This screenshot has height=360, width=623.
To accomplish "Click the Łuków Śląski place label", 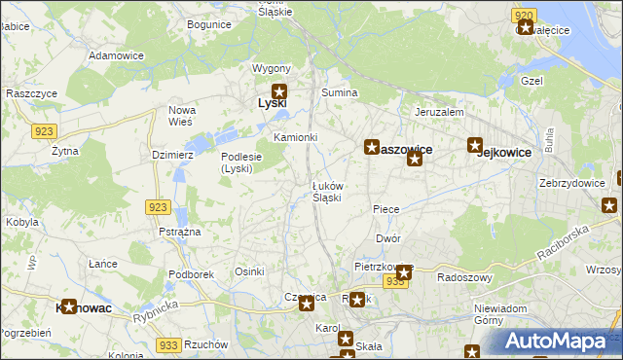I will click(x=326, y=191).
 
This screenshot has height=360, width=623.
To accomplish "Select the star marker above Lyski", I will click(x=278, y=91).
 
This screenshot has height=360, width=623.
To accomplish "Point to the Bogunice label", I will click(x=208, y=23).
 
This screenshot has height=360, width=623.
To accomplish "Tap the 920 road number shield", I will click(x=524, y=16).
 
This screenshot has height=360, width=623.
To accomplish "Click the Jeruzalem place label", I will click(x=438, y=112).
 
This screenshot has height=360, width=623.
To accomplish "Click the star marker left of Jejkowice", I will click(x=475, y=146).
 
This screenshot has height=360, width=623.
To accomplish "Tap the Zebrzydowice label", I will click(x=572, y=182).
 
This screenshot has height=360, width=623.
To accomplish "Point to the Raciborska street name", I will click(x=567, y=244).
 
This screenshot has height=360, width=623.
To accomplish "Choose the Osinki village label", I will click(x=250, y=271).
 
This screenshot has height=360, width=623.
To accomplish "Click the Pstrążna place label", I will click(x=179, y=232).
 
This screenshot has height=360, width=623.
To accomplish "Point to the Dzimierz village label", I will click(x=174, y=154).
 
